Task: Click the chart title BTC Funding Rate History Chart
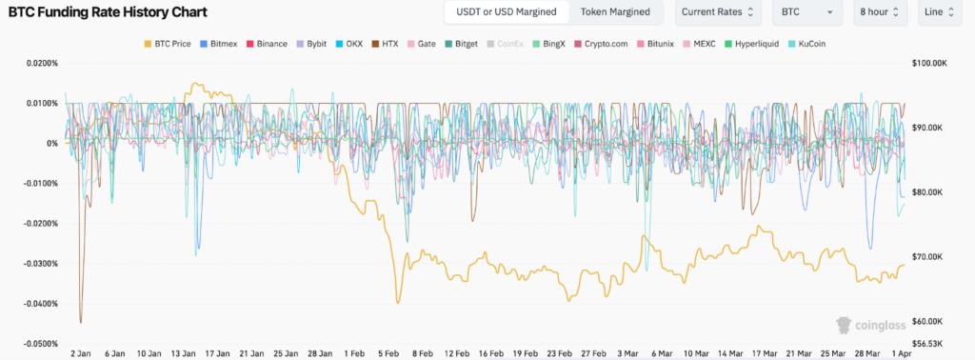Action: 110,12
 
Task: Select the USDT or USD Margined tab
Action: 506,12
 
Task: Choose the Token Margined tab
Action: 615,12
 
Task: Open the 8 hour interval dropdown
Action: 879,12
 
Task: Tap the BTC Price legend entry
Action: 168,44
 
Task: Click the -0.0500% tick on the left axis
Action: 37,344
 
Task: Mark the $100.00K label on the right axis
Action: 932,64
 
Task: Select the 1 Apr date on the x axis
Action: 897,353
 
